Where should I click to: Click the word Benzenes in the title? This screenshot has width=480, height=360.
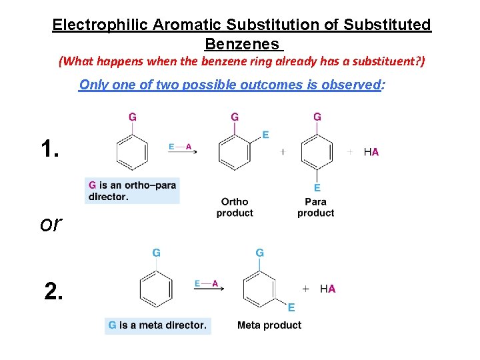(242, 45)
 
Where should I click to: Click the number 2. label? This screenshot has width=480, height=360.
(55, 290)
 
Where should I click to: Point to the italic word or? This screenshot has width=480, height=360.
(51, 224)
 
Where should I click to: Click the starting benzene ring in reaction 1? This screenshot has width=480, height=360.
(132, 153)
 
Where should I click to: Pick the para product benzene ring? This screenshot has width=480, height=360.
(317, 153)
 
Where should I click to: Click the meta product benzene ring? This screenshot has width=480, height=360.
(259, 289)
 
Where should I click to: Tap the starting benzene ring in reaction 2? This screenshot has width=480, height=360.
(156, 289)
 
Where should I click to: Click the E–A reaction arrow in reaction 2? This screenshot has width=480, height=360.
(207, 285)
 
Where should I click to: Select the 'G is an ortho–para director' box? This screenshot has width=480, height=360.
(132, 191)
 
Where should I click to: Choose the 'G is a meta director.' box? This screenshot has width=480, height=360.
(157, 325)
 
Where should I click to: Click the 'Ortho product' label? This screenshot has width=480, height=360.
(235, 207)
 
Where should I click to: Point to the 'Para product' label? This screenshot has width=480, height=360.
(316, 207)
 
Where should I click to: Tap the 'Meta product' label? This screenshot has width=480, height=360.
(269, 325)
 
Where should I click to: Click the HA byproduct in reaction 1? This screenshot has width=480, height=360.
(371, 152)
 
